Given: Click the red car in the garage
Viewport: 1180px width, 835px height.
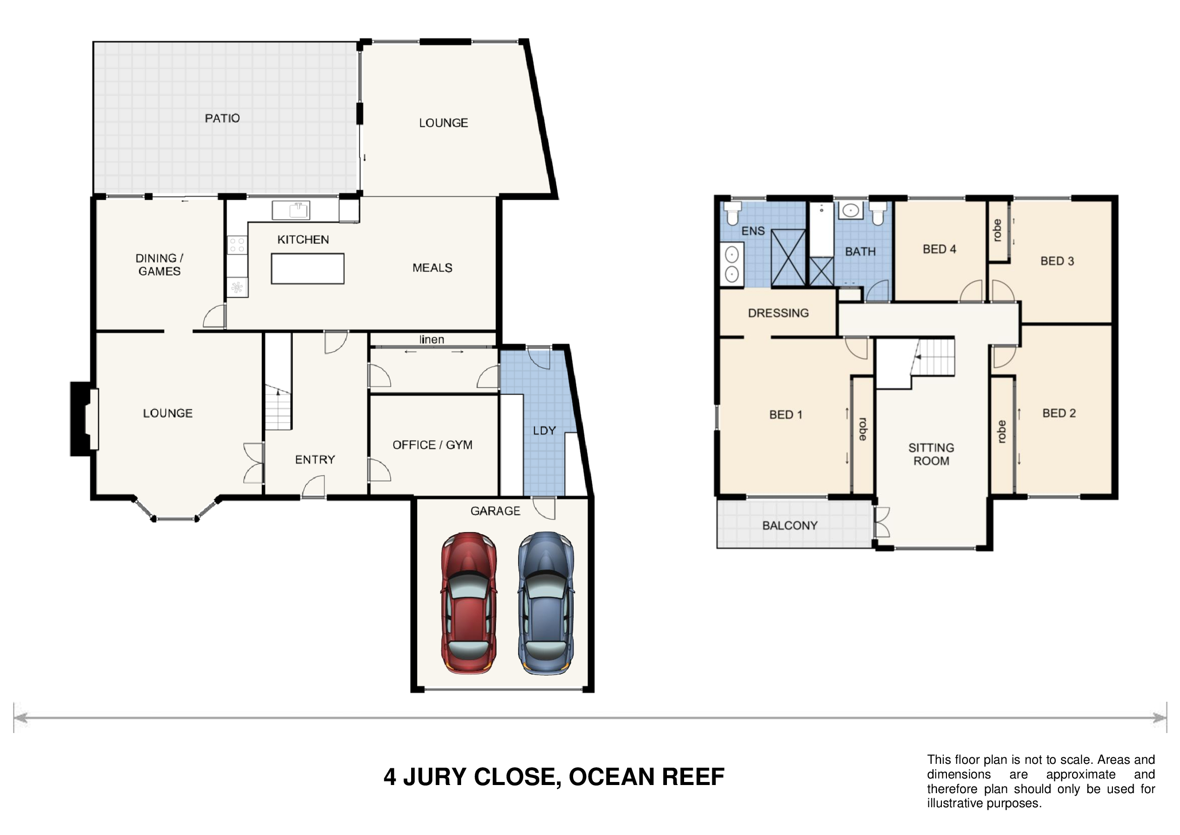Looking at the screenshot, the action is coord(469,603).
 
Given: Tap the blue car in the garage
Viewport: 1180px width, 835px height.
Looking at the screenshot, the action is coord(546,603).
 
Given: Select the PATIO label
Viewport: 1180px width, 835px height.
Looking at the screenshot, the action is coord(222,118).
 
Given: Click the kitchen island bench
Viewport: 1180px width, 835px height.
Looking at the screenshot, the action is coord(307,269).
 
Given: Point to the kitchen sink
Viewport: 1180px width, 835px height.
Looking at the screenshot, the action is coord(291,211).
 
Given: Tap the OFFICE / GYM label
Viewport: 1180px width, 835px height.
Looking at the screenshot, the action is coord(432,445).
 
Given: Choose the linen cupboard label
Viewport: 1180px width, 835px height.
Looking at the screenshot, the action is coord(432,339).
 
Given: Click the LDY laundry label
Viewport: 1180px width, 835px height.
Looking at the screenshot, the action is coord(544,430).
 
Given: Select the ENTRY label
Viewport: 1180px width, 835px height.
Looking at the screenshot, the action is coord(314,459).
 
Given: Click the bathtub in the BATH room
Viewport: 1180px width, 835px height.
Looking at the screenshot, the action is coord(821,229).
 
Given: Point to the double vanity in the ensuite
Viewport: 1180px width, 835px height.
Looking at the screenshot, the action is coord(732,264).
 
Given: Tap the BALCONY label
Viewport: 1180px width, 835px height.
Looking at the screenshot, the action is coord(790,526).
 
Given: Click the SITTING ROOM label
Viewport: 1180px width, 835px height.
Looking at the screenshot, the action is coord(931,454).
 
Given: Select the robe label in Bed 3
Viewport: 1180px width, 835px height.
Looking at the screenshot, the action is coord(997,230).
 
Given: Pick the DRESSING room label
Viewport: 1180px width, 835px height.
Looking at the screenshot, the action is coord(778,312).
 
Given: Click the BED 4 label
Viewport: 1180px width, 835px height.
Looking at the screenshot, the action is coord(939,249).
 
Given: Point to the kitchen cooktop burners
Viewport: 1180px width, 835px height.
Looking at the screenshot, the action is coord(237,245).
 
